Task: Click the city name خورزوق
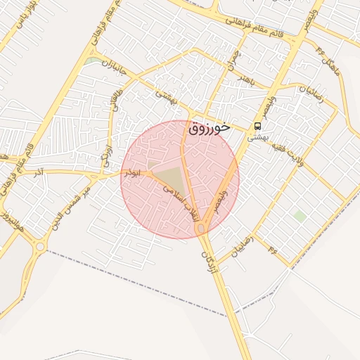point(209,128)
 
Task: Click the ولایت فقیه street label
point(293,154)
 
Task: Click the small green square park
point(300,216)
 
